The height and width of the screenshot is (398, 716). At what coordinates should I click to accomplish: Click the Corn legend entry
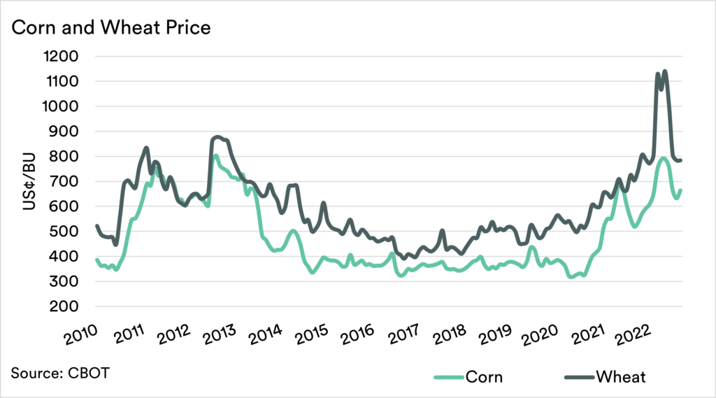tap(468, 377)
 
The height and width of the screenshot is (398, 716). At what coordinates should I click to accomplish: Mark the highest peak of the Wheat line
tap(664, 71)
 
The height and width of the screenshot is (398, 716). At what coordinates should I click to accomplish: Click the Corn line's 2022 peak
tap(663, 158)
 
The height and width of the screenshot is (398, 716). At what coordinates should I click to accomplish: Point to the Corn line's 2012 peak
tap(216, 155)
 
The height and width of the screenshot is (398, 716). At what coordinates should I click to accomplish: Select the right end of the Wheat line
tap(681, 160)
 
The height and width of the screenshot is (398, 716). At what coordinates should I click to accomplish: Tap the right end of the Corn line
tap(681, 190)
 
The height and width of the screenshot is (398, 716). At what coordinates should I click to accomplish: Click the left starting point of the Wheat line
tap(96, 226)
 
